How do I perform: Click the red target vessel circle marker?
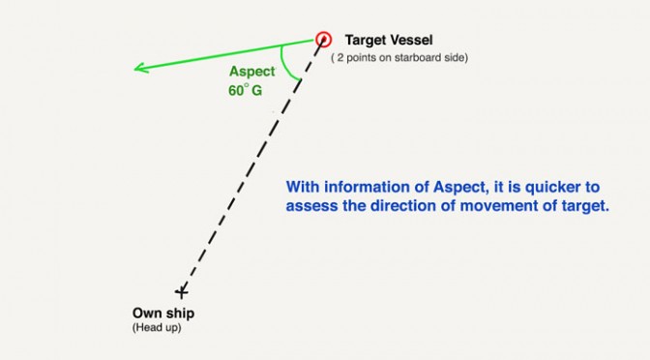pyautogui.click(x=323, y=40)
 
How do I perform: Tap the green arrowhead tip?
pyautogui.click(x=134, y=69)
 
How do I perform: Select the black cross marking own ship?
pyautogui.click(x=181, y=292)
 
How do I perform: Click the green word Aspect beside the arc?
pyautogui.click(x=252, y=72)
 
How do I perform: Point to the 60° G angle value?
pyautogui.click(x=245, y=90)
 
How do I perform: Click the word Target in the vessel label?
pyautogui.click(x=365, y=41)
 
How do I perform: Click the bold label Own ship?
pyautogui.click(x=163, y=314)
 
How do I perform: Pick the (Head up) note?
pyautogui.click(x=157, y=328)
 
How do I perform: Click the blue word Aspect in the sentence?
pyautogui.click(x=460, y=188)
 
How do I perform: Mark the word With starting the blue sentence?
pyautogui.click(x=303, y=187)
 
